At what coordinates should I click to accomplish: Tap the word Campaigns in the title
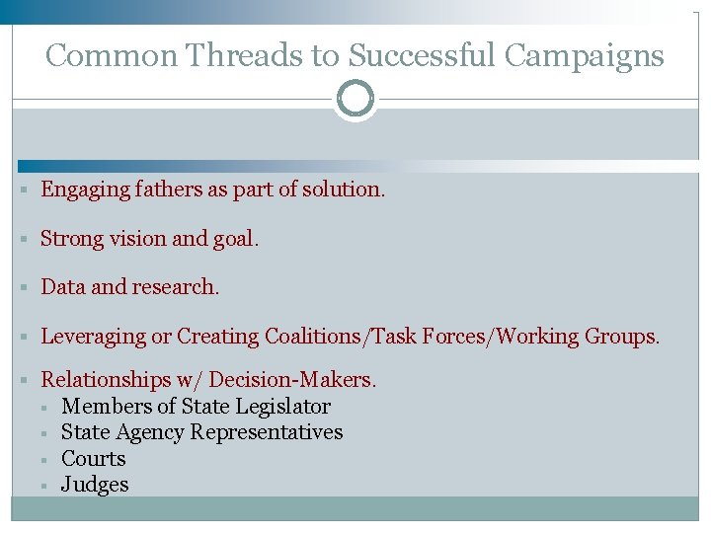tap(584, 55)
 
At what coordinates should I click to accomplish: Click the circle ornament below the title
tap(355, 99)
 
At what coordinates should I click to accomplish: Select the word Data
tap(62, 287)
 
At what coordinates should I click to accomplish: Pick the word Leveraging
tap(93, 337)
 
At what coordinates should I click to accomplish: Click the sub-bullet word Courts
tap(93, 459)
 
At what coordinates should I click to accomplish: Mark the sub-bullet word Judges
tap(95, 485)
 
